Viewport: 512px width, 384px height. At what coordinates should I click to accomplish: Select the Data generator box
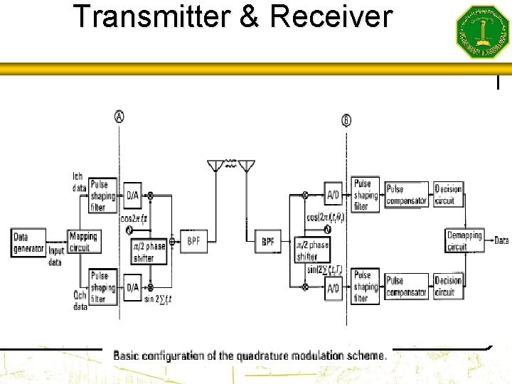[x=29, y=242]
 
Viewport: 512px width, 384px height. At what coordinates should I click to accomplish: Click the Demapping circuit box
[x=464, y=241]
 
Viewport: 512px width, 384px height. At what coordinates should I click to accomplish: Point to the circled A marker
[x=119, y=116]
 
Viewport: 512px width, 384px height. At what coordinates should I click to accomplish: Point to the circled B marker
[x=346, y=120]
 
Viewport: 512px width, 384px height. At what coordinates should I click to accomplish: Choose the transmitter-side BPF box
[x=193, y=242]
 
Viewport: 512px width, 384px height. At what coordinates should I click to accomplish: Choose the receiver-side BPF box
[x=268, y=242]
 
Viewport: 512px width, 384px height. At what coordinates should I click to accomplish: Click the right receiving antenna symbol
[x=246, y=166]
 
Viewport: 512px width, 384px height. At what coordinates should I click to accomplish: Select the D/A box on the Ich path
[x=133, y=195]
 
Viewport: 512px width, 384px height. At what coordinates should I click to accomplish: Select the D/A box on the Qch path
[x=133, y=288]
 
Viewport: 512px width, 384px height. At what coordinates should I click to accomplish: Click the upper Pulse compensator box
[x=406, y=195]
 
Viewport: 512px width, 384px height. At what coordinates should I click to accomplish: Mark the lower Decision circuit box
[x=448, y=286]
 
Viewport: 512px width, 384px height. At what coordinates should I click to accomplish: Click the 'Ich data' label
[x=79, y=182]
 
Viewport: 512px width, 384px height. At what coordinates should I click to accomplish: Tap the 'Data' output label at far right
[x=501, y=241]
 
